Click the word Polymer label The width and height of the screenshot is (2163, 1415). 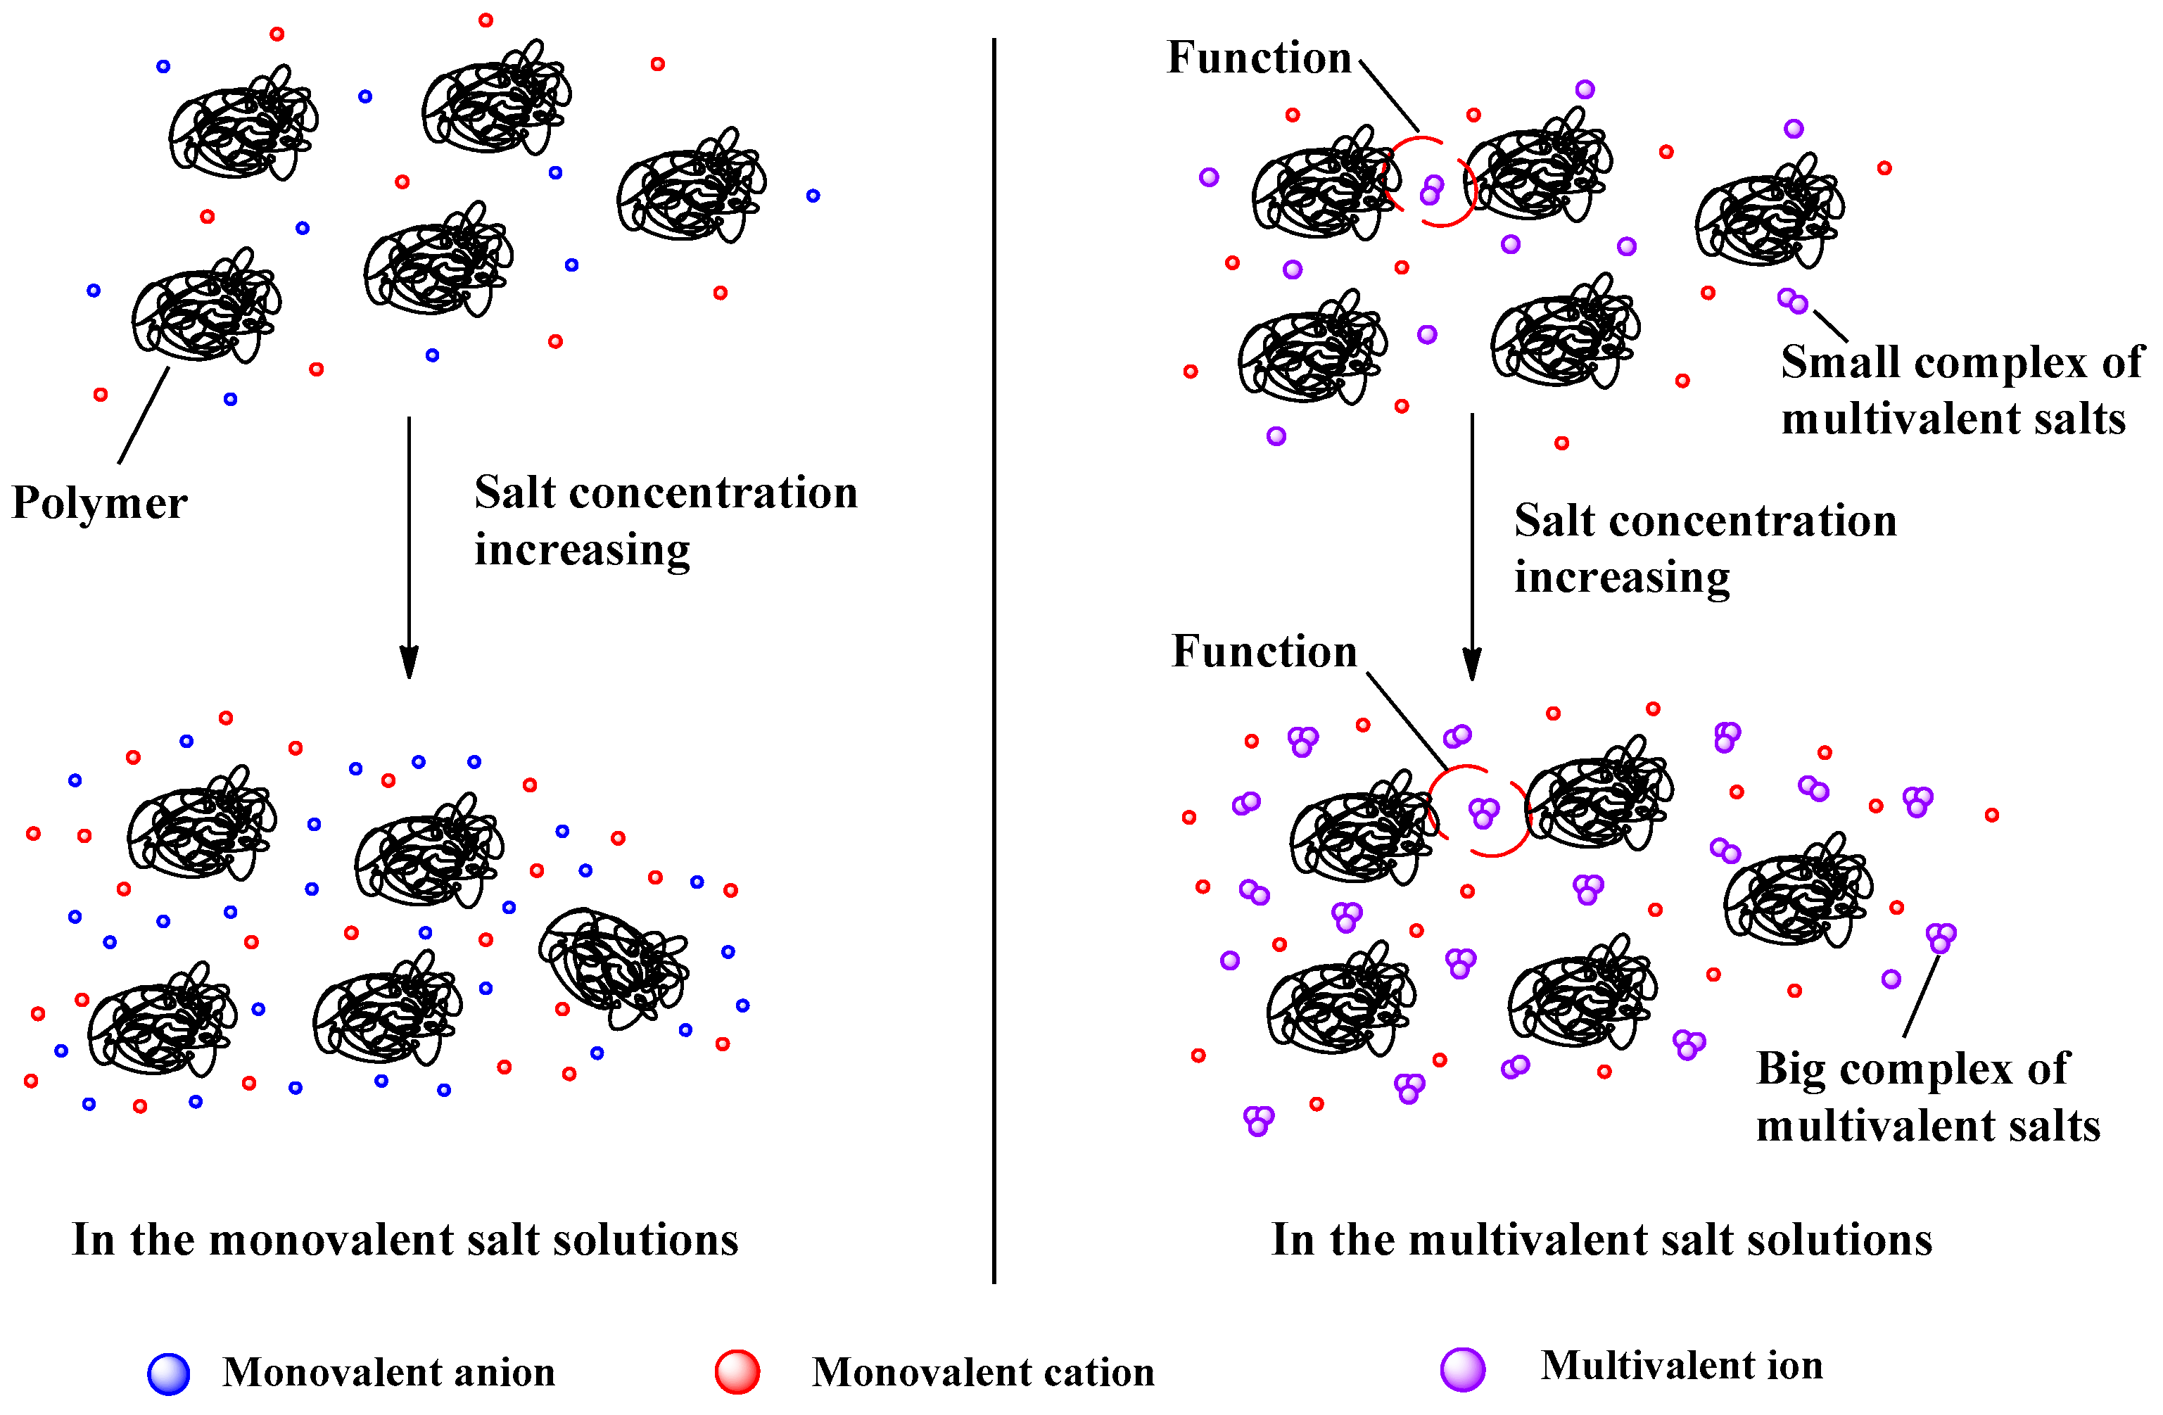[99, 502]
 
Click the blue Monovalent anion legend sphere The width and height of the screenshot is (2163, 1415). [169, 1373]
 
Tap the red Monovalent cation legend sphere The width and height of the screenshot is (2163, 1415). [736, 1371]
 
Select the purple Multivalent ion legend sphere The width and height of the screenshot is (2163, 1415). [1462, 1369]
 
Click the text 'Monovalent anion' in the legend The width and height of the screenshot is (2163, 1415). [388, 1372]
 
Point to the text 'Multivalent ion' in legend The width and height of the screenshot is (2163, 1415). [1680, 1365]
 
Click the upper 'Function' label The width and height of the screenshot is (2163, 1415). [1259, 58]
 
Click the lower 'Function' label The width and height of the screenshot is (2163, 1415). [1263, 652]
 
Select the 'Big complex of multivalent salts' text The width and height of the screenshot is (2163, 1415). [1927, 1097]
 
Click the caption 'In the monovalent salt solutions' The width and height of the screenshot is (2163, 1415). [405, 1240]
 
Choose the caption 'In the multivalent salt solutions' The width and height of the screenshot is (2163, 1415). [1601, 1240]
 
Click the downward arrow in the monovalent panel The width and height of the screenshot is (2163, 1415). [409, 545]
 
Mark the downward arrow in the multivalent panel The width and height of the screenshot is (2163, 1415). [1471, 545]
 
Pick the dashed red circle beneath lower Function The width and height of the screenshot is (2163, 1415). [1480, 811]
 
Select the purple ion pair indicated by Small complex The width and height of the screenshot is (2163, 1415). [1792, 301]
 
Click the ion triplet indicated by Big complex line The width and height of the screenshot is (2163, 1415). [1941, 937]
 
